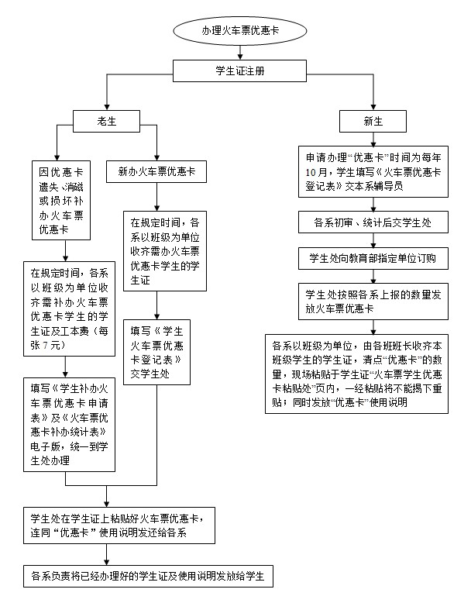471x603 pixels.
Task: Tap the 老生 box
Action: [106, 121]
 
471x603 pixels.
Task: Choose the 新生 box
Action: [373, 121]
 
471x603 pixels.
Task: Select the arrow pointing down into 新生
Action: [373, 105]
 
